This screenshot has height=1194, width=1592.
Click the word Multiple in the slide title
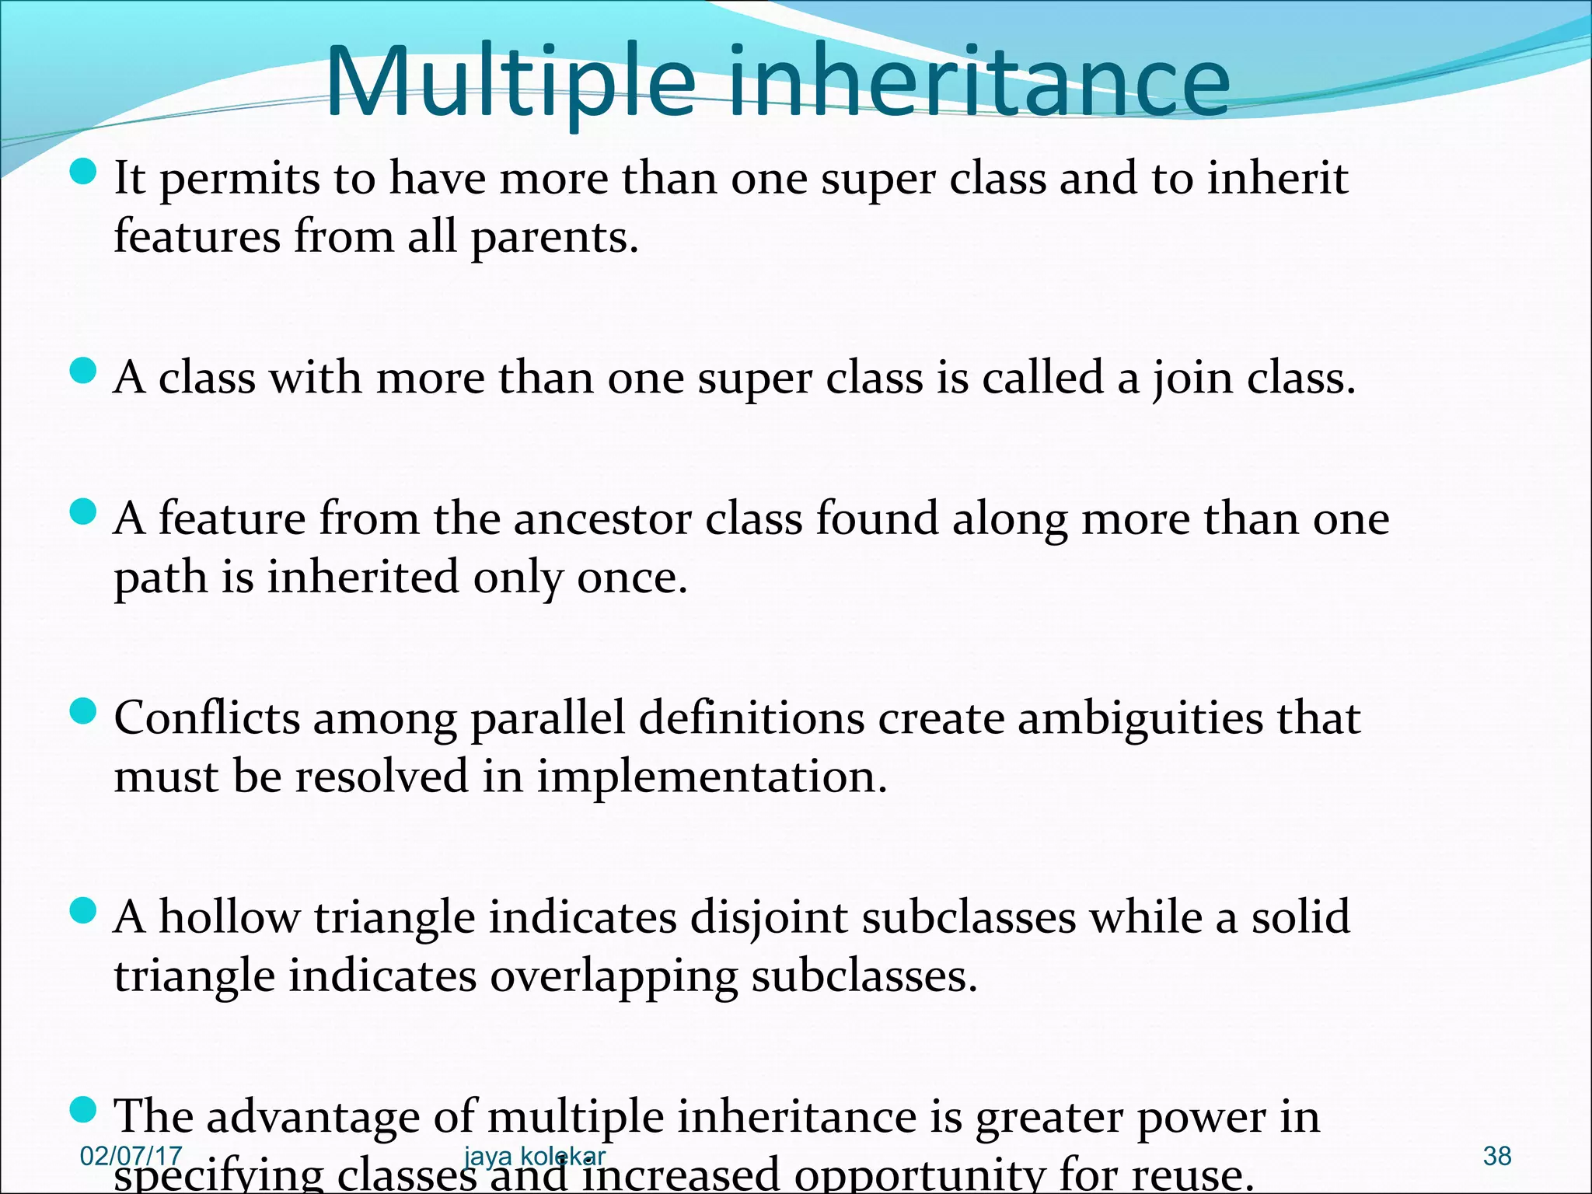point(509,82)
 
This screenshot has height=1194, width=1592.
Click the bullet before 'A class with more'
point(82,372)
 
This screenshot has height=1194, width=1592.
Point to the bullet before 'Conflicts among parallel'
point(82,710)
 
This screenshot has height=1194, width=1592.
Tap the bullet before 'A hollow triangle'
point(82,909)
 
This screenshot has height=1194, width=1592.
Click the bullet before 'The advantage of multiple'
point(82,1110)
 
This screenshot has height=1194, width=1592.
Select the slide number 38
point(1496,1156)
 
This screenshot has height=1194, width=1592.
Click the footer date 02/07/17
point(131,1156)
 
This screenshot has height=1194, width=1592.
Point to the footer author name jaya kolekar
point(534,1156)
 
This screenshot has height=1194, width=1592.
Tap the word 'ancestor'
point(602,519)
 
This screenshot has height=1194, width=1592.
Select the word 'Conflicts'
point(207,717)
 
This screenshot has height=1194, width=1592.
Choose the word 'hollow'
point(229,917)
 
